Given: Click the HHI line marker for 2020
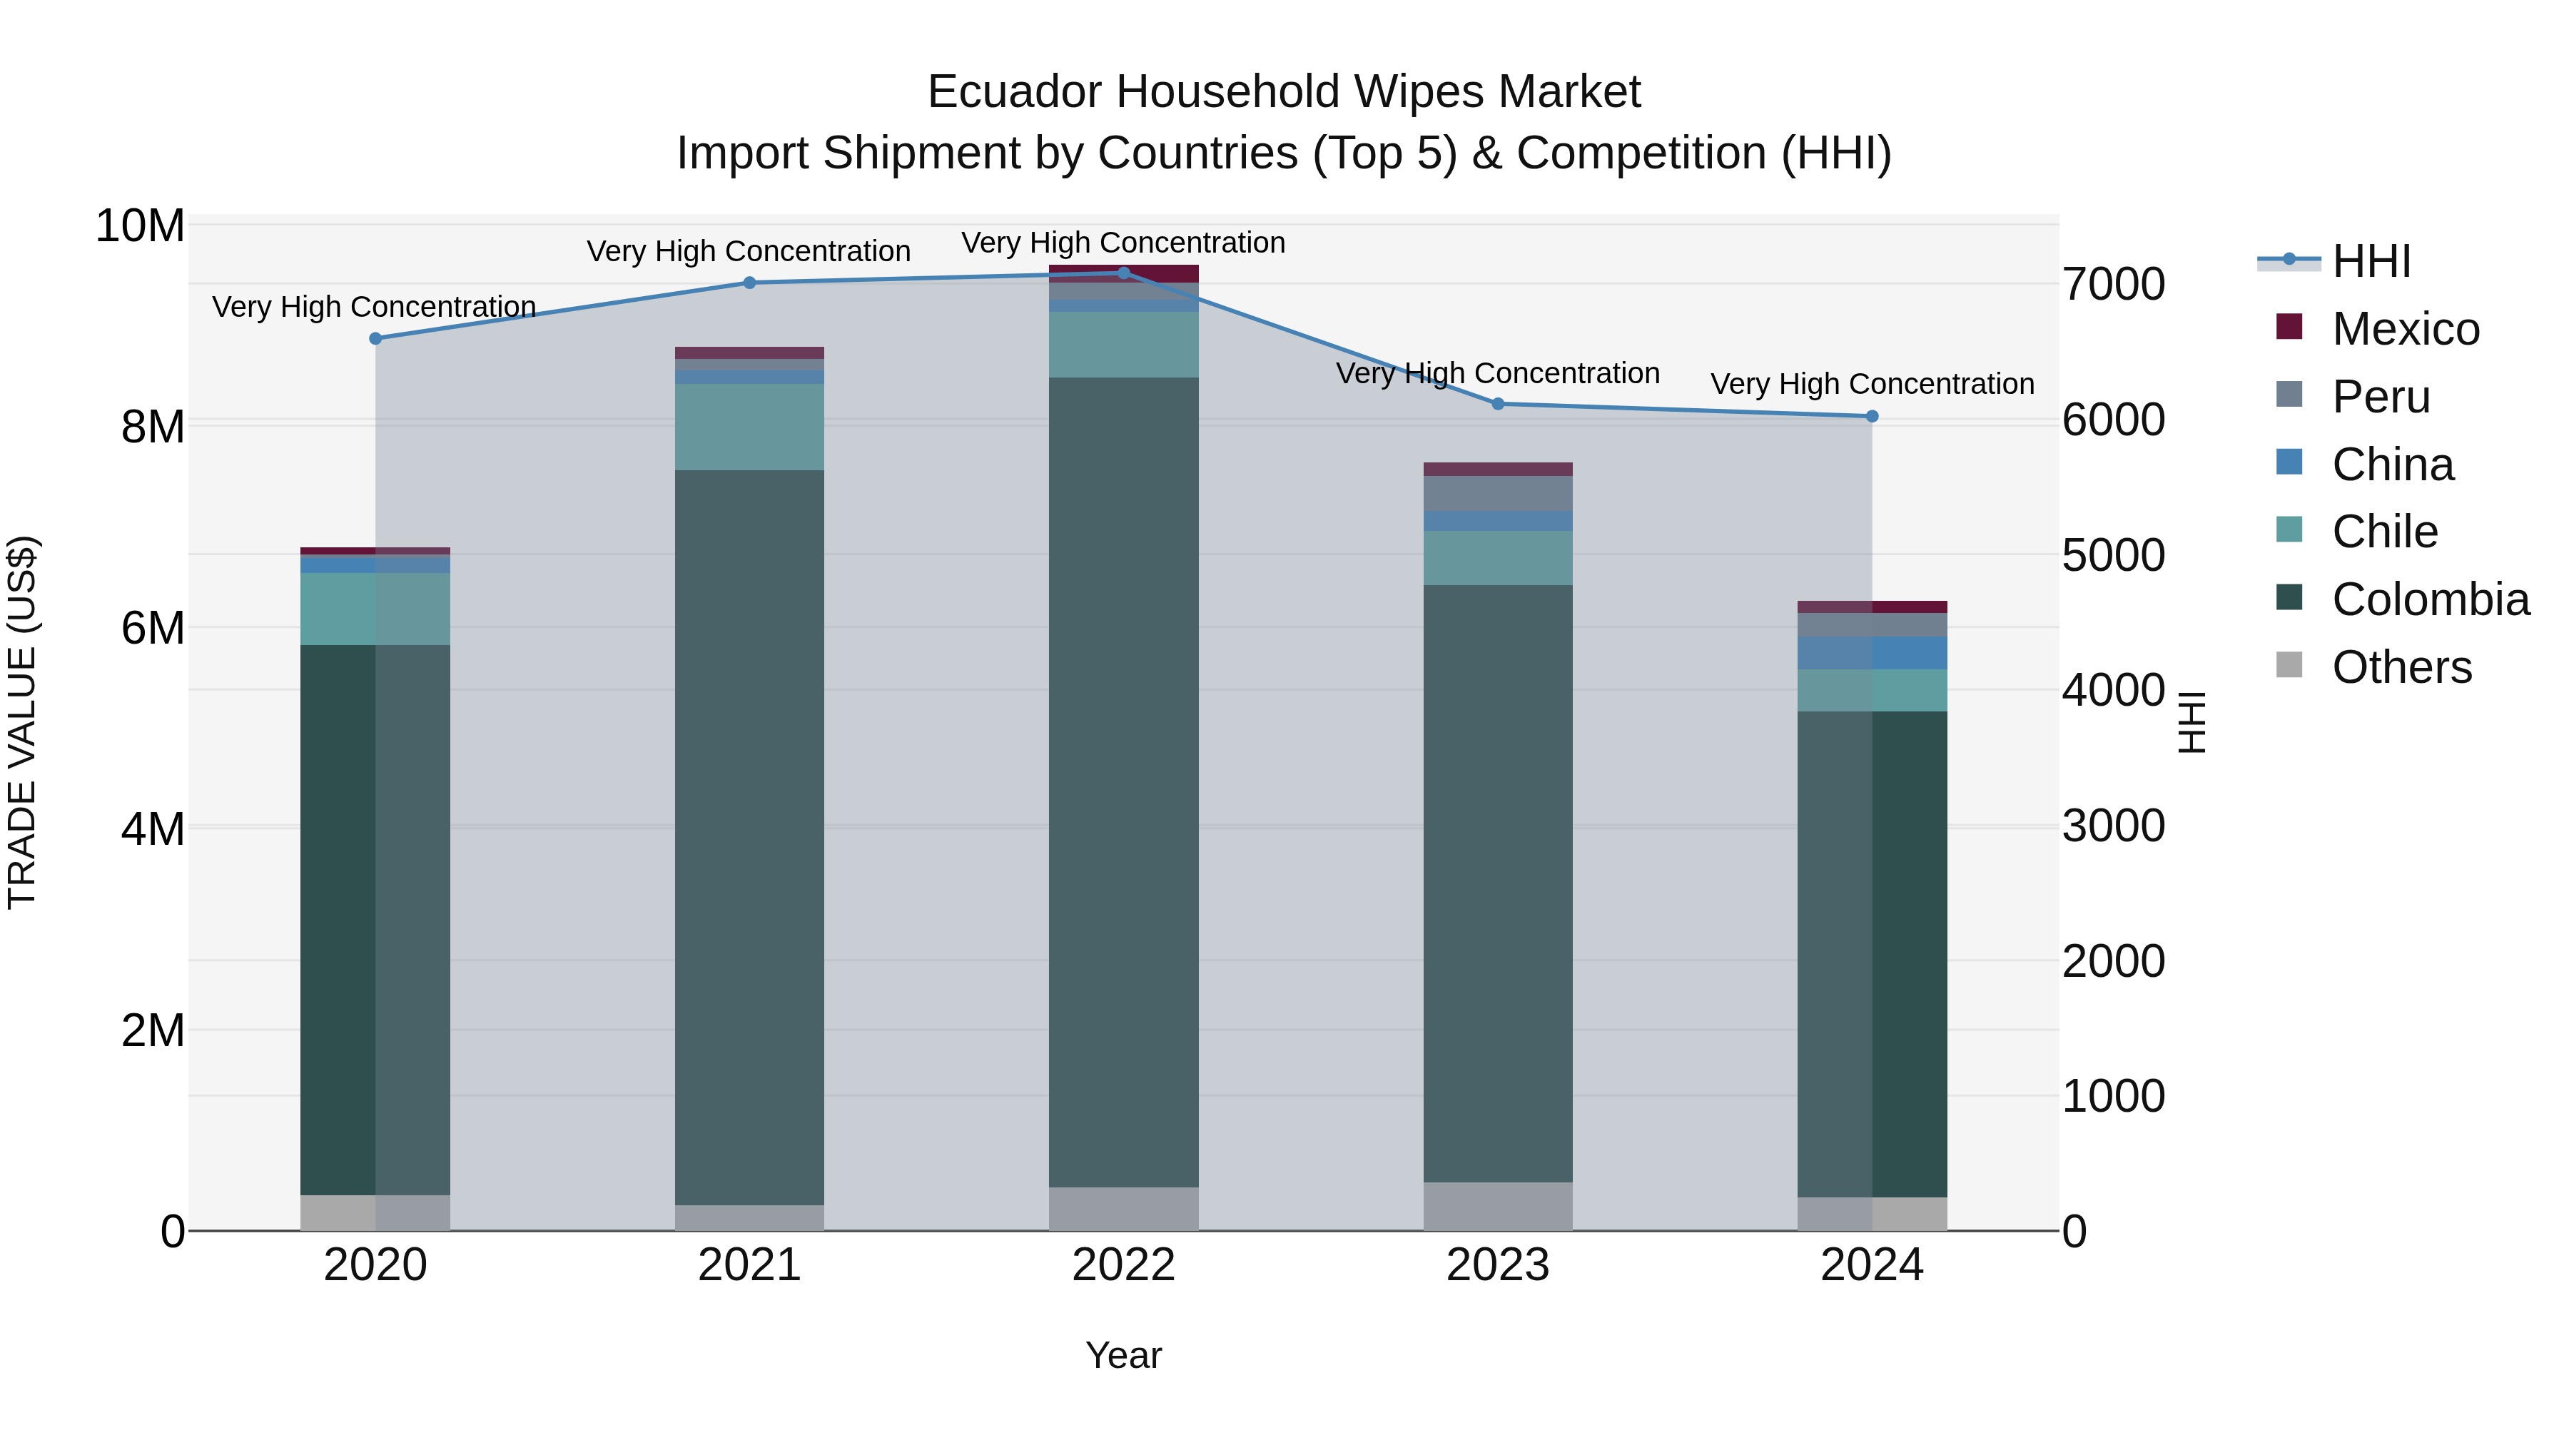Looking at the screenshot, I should [375, 338].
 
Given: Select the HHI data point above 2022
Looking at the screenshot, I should [1123, 273].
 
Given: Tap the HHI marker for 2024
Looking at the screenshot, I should [1871, 416].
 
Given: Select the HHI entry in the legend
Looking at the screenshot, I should [2371, 261].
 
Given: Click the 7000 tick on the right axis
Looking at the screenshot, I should [2113, 284].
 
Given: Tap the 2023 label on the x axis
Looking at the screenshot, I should [1497, 1265].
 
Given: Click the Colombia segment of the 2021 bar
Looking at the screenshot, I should [749, 838].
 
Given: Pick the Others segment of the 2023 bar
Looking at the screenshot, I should [1497, 1206].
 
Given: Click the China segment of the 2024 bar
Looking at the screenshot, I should [1871, 652].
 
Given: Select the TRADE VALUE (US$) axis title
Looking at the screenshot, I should [22, 722].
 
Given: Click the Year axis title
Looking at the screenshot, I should [1123, 1355].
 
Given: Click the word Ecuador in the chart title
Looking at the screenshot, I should [1015, 92].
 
